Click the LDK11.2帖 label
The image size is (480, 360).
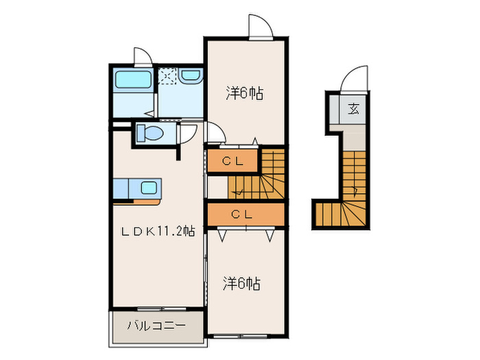tap(158, 232)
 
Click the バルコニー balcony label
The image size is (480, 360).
tap(156, 326)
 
